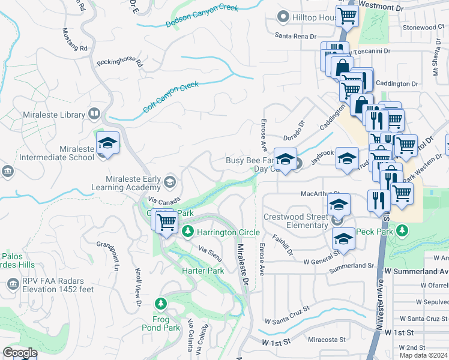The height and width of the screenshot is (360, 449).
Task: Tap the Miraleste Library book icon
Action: click(x=94, y=113)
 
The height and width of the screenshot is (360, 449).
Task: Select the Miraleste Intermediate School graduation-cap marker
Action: click(x=107, y=144)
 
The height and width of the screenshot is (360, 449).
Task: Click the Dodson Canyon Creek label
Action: click(x=202, y=16)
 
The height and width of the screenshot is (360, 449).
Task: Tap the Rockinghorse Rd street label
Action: click(x=120, y=62)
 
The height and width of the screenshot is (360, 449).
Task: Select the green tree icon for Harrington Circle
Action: click(x=188, y=231)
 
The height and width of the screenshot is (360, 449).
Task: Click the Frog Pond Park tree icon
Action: click(x=160, y=304)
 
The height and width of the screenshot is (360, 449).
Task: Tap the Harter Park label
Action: click(x=203, y=271)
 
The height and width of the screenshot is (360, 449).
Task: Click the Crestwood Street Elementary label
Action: click(x=296, y=221)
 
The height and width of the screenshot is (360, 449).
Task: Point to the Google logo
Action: click(x=20, y=353)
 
